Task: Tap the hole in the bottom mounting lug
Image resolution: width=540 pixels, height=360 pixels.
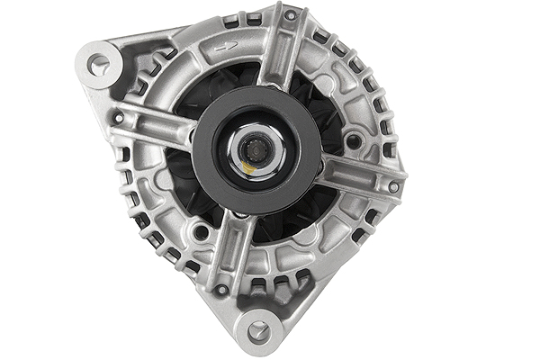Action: pyautogui.click(x=258, y=330)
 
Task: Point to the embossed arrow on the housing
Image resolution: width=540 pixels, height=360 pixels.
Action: pyautogui.click(x=230, y=46)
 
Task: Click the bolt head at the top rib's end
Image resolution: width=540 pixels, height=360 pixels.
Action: pyautogui.click(x=290, y=15)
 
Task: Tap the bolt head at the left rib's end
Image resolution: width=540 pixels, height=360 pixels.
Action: pyautogui.click(x=118, y=117)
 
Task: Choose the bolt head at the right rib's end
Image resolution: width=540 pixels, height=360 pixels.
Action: pyautogui.click(x=393, y=186)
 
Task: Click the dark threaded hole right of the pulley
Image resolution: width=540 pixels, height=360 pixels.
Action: pyautogui.click(x=354, y=141)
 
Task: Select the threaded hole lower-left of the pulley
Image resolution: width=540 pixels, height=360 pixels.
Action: pyautogui.click(x=201, y=232)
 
